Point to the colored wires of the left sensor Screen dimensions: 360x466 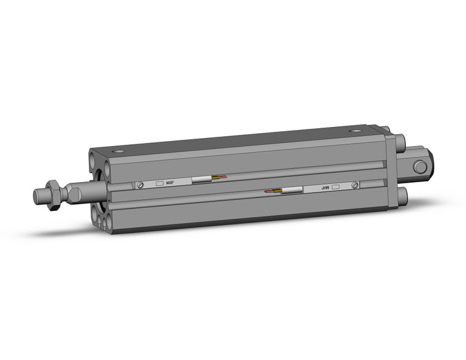[220, 178]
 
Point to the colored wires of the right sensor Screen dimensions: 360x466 [273, 192]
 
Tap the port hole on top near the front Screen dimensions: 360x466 [118, 151]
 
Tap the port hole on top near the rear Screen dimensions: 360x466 [356, 131]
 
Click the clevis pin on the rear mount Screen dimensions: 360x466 [420, 167]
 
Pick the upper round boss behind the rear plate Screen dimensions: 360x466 [402, 144]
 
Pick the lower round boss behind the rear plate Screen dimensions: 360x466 [402, 196]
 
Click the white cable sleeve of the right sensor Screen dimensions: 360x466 [292, 191]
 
